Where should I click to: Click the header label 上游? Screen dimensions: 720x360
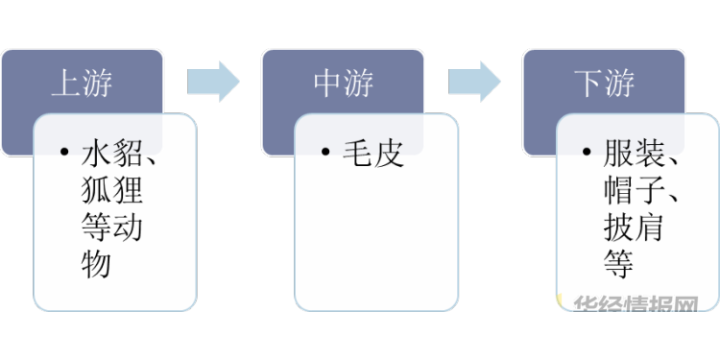82,84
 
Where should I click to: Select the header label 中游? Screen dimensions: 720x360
344,84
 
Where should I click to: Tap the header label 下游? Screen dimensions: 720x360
604,84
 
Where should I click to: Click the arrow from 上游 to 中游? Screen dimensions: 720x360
213,82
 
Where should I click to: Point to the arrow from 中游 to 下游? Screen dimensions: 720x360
474,82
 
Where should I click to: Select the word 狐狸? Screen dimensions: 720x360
111,190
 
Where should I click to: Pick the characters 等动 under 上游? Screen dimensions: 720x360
111,227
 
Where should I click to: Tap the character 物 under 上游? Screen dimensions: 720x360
96,264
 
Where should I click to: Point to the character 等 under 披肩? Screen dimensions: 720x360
618,264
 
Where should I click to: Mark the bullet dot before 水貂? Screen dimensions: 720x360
64,152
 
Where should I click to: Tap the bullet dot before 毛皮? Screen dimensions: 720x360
325,152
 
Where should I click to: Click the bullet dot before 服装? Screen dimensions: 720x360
587,152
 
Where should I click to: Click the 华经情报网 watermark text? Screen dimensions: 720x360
636,303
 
